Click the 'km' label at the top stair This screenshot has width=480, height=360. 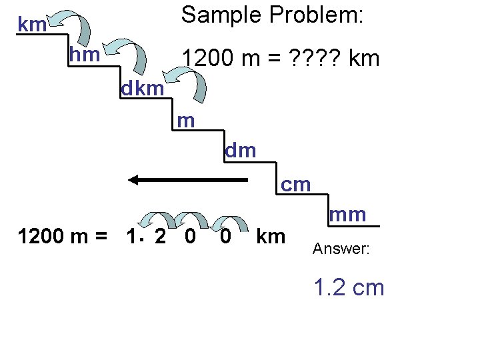(x=32, y=25)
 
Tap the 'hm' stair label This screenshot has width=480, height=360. (x=85, y=55)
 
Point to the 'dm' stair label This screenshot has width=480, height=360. (x=241, y=151)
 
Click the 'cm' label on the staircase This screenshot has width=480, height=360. (x=296, y=184)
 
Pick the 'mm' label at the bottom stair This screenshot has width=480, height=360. (x=348, y=215)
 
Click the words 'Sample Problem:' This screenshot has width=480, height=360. (x=273, y=15)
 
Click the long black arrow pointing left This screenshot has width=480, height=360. (x=187, y=179)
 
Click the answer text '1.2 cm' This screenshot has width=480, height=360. (x=349, y=287)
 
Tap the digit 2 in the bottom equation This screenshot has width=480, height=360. (x=160, y=237)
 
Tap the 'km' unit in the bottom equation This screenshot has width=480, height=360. (x=271, y=237)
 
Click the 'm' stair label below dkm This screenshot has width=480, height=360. (x=186, y=120)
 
